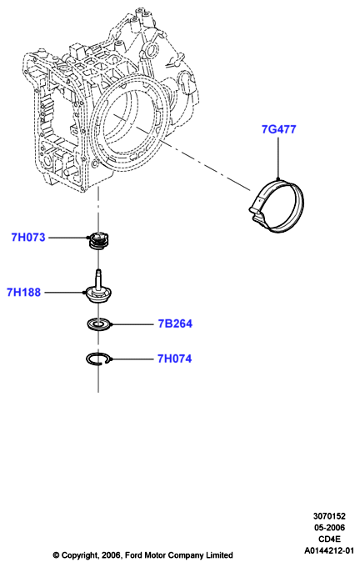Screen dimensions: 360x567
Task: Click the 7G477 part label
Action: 278,129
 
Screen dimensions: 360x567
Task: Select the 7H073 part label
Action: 28,237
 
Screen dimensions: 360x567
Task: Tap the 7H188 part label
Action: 24,292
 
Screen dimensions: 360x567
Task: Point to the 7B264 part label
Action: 175,324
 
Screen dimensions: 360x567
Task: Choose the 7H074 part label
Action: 174,359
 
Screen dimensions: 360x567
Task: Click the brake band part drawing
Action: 277,204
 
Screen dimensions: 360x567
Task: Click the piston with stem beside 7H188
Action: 97,289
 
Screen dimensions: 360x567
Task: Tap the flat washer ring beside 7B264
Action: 98,324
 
